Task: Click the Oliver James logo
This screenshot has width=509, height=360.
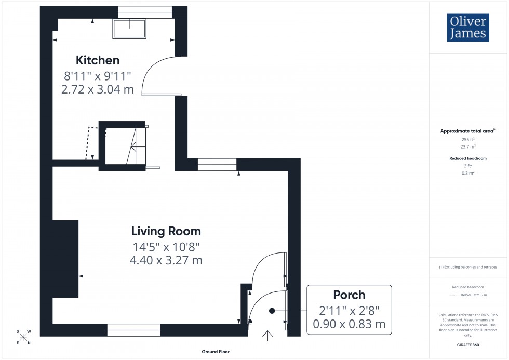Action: [x=467, y=28]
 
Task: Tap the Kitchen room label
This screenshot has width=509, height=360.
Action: [x=98, y=60]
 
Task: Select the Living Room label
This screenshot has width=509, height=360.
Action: [x=166, y=231]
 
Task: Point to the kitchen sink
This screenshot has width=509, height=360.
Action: [x=130, y=29]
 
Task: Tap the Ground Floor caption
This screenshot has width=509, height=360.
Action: [x=216, y=352]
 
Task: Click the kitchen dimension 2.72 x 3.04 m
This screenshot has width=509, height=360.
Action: [x=98, y=89]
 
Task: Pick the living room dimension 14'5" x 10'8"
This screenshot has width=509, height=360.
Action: [x=166, y=246]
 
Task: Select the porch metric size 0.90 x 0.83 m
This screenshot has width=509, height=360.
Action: [x=349, y=325]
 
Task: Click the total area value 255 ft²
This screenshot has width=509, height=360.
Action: [x=468, y=140]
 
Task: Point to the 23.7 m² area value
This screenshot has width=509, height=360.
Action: [x=468, y=146]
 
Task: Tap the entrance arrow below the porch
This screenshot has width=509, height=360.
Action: [x=268, y=336]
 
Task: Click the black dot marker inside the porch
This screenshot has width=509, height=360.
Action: [x=272, y=311]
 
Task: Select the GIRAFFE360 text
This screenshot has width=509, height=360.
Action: [x=468, y=345]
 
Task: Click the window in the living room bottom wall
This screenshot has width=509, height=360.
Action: [x=134, y=330]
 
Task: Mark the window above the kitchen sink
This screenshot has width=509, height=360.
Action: [x=145, y=12]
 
